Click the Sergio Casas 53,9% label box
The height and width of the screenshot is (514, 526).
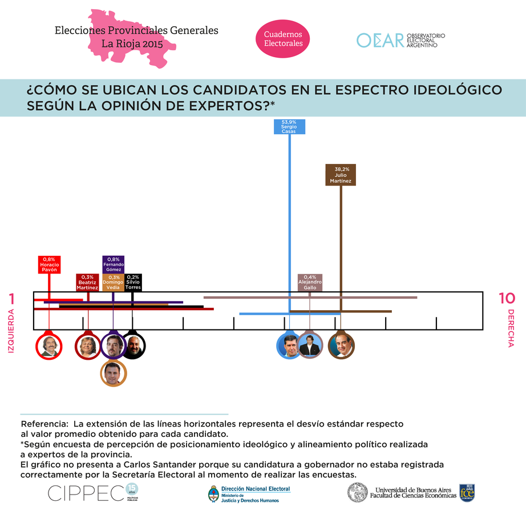pyautogui.click(x=289, y=127)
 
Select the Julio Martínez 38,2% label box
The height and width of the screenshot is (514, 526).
pyautogui.click(x=341, y=175)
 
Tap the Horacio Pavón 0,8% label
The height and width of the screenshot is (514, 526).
pyautogui.click(x=49, y=264)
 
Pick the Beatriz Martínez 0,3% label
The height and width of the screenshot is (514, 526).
pyautogui.click(x=87, y=282)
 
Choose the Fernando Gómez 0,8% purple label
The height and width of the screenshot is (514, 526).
pyautogui.click(x=113, y=264)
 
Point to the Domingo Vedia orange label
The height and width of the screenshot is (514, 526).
pyautogui.click(x=113, y=282)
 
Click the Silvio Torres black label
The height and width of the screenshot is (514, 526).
pyautogui.click(x=133, y=282)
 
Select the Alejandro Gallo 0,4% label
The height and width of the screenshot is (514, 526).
pyautogui.click(x=310, y=282)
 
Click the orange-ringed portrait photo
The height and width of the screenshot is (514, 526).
pyautogui.click(x=113, y=374)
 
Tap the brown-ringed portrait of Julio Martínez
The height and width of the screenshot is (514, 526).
pyautogui.click(x=341, y=346)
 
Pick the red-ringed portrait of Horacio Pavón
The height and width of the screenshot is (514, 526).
pyautogui.click(x=48, y=346)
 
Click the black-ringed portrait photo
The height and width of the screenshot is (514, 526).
pyautogui.click(x=134, y=346)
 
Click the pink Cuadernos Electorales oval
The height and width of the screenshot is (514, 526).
pyautogui.click(x=283, y=39)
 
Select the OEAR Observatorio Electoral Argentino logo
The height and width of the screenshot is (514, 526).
pyautogui.click(x=400, y=40)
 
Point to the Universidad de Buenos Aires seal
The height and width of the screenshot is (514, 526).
pyautogui.click(x=358, y=492)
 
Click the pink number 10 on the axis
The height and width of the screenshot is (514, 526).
pyautogui.click(x=507, y=298)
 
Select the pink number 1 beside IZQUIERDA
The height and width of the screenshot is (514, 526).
pyautogui.click(x=11, y=299)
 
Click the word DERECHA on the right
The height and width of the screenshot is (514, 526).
pyautogui.click(x=511, y=328)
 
